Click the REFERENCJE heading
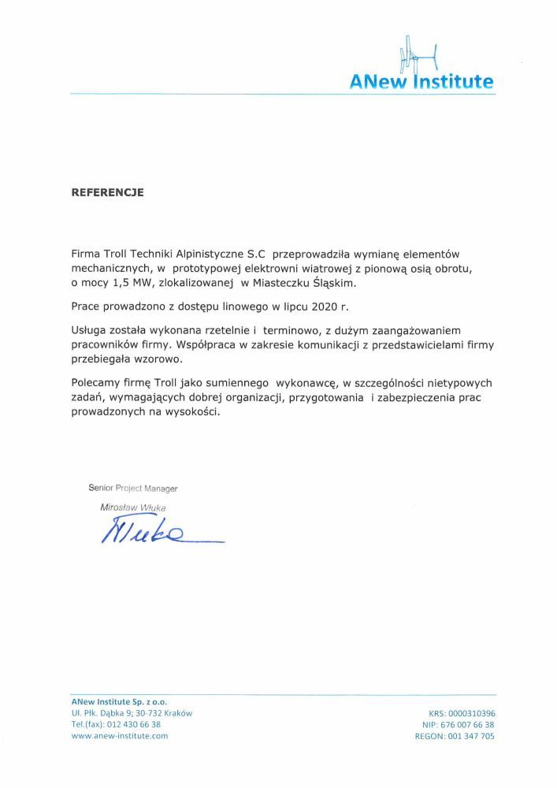click(107, 192)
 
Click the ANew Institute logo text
click(422, 81)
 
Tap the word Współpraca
click(228, 345)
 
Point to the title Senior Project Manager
click(133, 489)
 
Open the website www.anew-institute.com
click(120, 736)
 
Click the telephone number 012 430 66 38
click(132, 724)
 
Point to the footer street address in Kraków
click(132, 712)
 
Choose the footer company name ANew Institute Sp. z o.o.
click(119, 701)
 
